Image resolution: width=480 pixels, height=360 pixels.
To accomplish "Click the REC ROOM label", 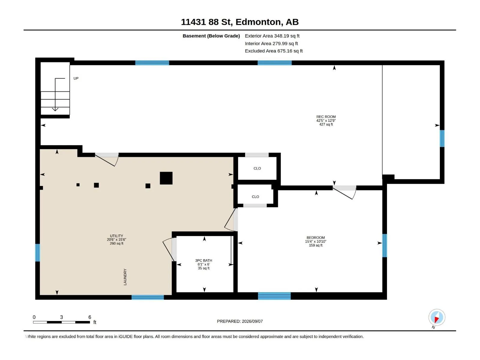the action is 326,117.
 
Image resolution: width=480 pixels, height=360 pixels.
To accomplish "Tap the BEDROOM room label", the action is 316,238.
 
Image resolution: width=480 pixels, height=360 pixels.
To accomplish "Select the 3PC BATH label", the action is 204,260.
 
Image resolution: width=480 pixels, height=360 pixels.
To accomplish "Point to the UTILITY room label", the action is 116,236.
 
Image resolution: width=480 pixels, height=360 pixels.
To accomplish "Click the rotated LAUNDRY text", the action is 125,277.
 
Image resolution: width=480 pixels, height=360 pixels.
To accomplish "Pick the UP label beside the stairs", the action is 76,78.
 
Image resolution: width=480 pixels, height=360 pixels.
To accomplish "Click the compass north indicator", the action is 437,317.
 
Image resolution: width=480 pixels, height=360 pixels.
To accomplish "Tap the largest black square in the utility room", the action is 166,178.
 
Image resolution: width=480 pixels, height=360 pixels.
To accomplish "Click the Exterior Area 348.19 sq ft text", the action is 272,36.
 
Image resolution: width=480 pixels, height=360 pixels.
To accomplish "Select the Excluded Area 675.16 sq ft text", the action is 274,51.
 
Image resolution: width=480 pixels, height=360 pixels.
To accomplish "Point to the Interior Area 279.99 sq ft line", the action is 271,43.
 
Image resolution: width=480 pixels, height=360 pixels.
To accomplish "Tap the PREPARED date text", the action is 240,321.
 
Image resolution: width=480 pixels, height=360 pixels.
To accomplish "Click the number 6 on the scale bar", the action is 90,317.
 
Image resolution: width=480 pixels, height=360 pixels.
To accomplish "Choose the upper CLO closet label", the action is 257,168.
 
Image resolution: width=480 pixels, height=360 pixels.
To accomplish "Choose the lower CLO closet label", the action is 255,197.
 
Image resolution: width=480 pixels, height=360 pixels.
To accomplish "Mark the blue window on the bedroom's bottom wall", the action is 274,296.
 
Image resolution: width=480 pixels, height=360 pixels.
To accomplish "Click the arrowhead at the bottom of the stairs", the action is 55,109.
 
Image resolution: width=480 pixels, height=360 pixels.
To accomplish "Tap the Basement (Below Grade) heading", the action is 211,36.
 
